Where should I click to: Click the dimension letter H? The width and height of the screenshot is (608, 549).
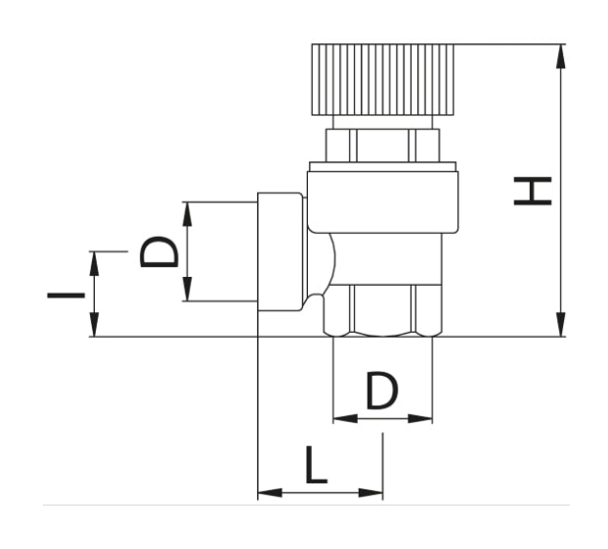point(533,191)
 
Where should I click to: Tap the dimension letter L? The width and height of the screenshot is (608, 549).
point(317,465)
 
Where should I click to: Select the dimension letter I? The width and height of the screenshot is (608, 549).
point(65,296)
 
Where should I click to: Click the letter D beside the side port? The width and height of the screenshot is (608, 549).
point(159,252)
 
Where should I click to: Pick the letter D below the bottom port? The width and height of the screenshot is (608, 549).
point(382,390)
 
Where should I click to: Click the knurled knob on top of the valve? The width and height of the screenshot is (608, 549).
point(383,79)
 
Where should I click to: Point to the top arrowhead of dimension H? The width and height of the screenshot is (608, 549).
point(560,57)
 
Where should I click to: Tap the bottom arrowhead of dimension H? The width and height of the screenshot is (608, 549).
point(560,324)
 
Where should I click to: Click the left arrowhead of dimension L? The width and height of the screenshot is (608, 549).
point(270,493)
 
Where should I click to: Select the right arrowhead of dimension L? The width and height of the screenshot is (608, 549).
point(370,493)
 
